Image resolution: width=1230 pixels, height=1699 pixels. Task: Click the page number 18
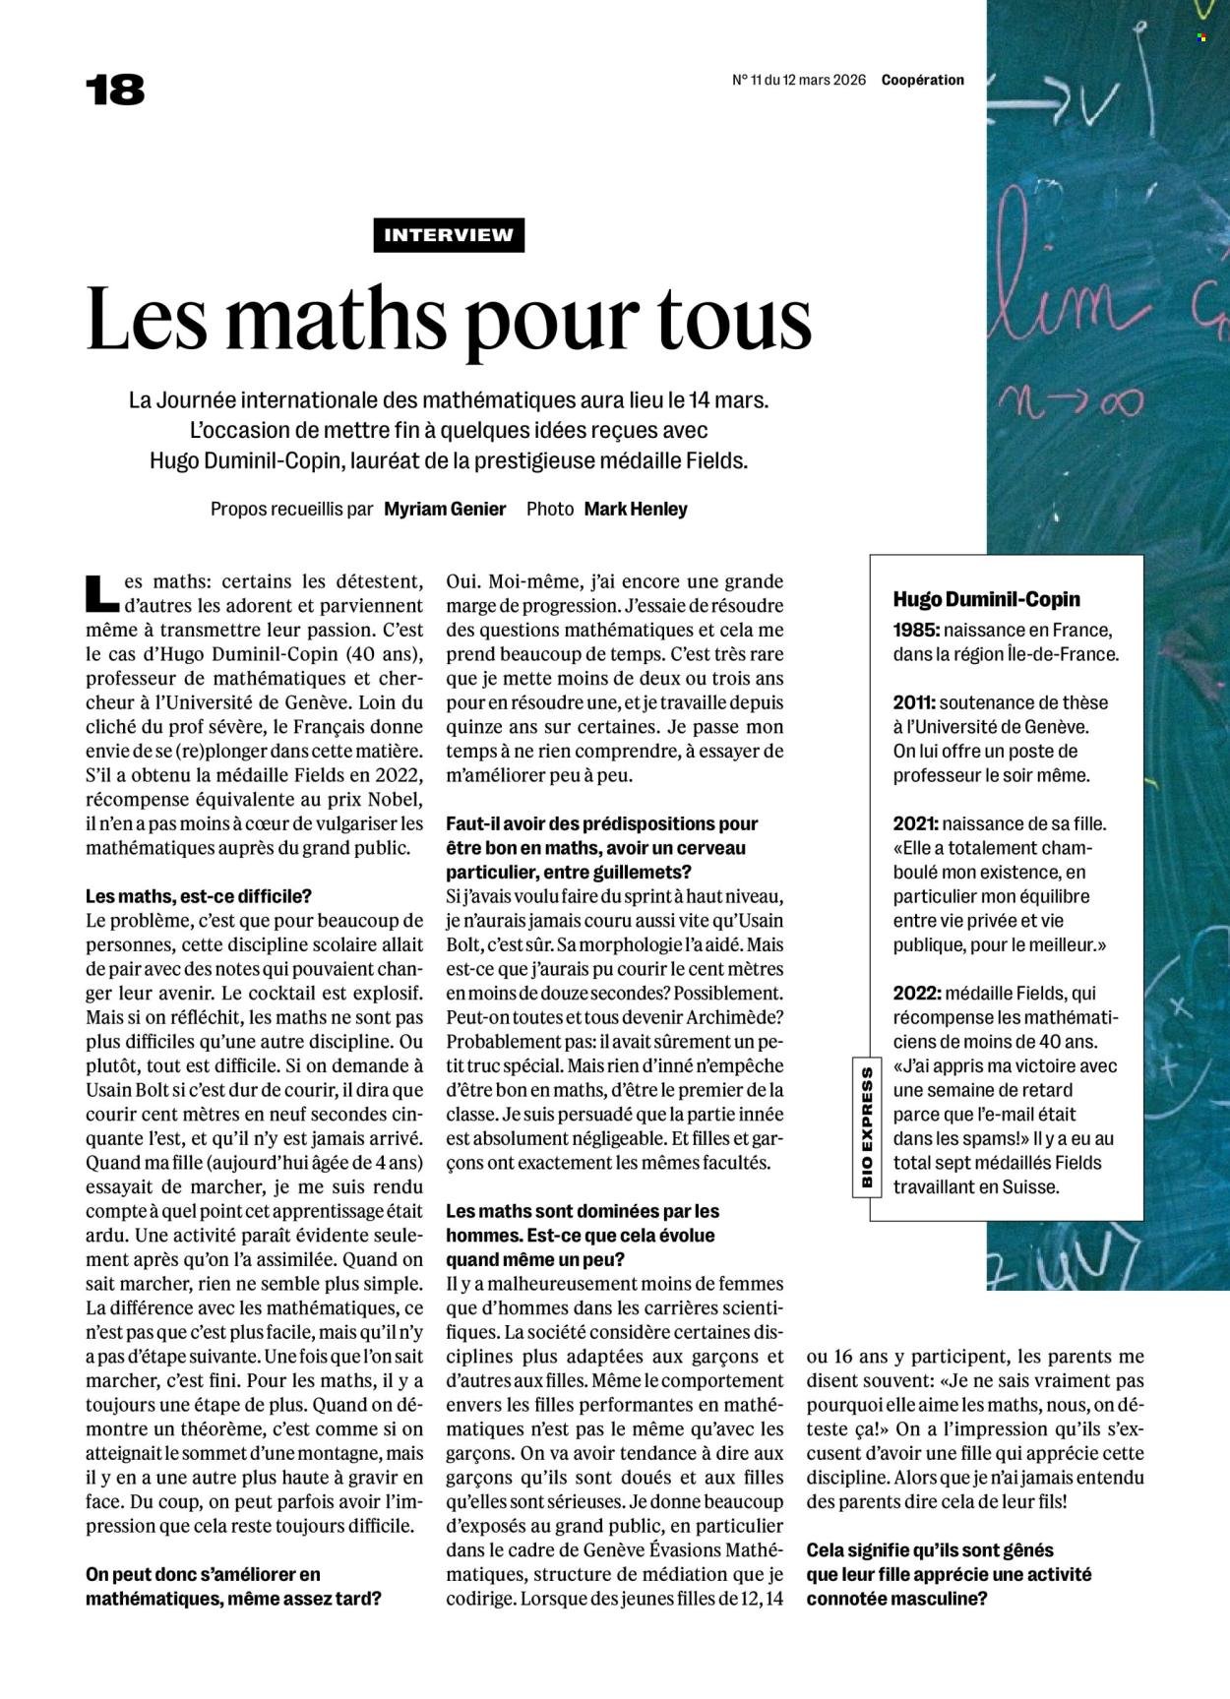coord(115,90)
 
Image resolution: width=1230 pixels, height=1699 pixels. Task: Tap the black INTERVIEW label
coord(449,235)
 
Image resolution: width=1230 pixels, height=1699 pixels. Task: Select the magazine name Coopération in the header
coord(922,81)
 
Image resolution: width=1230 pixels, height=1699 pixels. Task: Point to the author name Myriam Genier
coord(445,509)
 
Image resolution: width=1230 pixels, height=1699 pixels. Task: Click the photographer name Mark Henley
coord(636,509)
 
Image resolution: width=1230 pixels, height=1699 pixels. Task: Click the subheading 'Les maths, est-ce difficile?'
coord(199,896)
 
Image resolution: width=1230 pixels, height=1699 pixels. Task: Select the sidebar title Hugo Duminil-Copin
coord(986,599)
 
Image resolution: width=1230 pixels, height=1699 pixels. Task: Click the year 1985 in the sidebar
coord(913,630)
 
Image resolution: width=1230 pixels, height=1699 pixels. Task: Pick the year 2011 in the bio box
coord(913,702)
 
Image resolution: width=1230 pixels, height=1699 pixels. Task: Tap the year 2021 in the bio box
coord(913,823)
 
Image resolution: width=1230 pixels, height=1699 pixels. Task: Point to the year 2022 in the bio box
coord(914,994)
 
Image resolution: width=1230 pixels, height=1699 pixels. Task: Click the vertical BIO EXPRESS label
coord(867,1125)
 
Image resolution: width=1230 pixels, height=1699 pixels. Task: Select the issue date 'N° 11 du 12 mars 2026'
coord(799,81)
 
